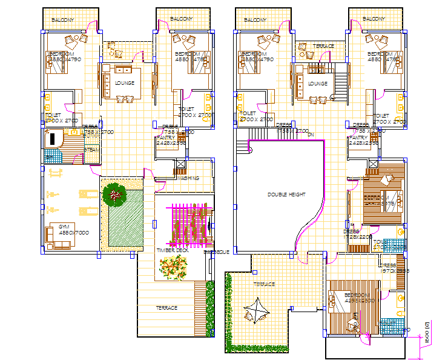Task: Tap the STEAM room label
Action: (91, 149)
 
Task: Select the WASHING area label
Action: (189, 178)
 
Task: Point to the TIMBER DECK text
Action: (173, 250)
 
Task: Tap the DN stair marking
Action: (311, 135)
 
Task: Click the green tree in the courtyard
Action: (114, 195)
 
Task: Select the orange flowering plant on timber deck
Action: (173, 267)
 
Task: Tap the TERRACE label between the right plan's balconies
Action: (323, 46)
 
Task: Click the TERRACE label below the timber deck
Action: (166, 308)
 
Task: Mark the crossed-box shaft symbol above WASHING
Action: (180, 164)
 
